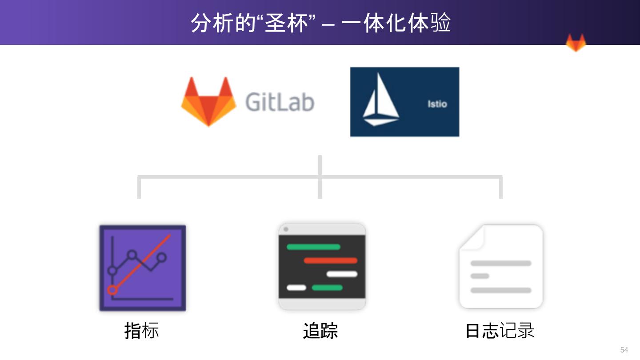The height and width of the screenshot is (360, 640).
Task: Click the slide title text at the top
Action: (320, 22)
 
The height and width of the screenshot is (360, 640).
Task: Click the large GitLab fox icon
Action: (208, 102)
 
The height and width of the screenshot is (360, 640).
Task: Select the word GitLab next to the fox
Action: (280, 102)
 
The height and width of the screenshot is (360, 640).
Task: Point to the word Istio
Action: (437, 104)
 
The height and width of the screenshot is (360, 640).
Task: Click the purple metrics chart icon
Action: (142, 268)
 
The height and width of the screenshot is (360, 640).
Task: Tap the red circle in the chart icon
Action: (112, 290)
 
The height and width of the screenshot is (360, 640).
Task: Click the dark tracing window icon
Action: (322, 267)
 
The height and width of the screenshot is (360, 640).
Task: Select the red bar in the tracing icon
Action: (330, 260)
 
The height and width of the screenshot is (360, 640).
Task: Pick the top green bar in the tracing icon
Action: (313, 247)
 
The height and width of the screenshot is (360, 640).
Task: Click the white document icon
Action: (501, 267)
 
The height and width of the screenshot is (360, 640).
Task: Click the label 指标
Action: (141, 331)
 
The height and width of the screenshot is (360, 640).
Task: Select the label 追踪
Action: (320, 331)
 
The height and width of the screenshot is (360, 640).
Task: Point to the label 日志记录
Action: (500, 331)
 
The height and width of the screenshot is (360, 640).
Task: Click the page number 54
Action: (624, 350)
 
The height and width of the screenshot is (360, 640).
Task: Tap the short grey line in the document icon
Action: (480, 276)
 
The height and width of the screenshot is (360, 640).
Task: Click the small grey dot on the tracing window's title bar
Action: (286, 229)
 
